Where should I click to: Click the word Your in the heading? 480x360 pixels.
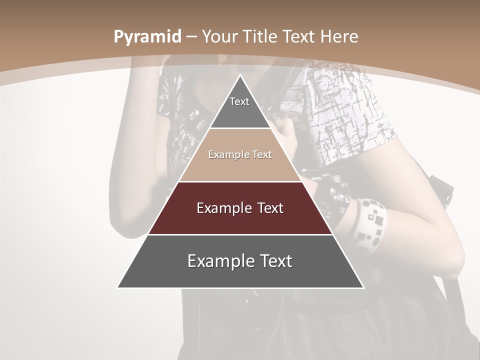click(x=220, y=36)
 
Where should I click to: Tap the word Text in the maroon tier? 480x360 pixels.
click(x=267, y=208)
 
